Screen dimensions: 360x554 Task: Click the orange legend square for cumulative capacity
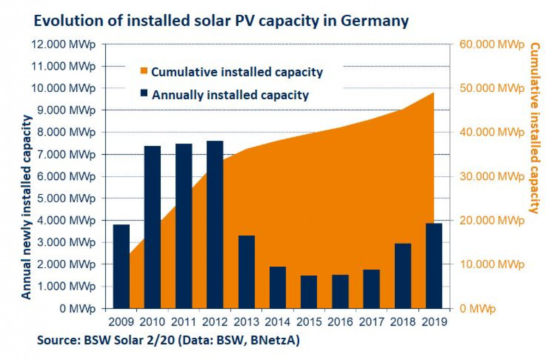[144, 72]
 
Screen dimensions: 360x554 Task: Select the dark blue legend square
[144, 95]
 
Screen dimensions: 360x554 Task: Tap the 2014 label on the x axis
[277, 321]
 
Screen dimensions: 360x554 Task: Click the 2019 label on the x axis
[434, 321]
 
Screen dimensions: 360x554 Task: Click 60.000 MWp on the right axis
[491, 44]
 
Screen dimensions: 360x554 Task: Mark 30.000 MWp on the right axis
[491, 176]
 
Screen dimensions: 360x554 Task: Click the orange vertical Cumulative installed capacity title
[535, 128]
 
